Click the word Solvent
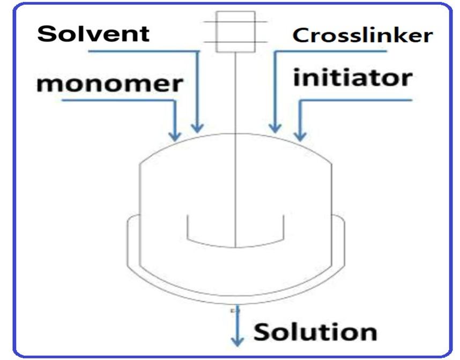coord(93,34)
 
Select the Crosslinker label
coord(362,36)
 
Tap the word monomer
coord(110,84)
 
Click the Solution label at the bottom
coord(315,332)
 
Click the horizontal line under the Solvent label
coord(142,51)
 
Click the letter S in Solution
coord(263,332)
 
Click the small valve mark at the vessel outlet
coord(233,310)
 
